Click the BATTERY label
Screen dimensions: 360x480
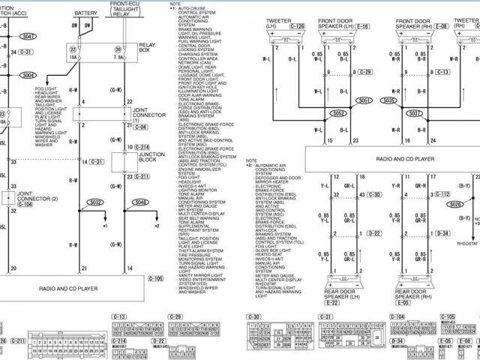pos(85,13)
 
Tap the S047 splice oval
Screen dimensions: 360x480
pos(28,36)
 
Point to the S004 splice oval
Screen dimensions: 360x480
pos(28,75)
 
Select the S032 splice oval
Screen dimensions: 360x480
pos(94,202)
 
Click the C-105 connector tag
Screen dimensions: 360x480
pos(155,279)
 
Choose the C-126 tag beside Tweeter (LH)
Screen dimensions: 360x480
pos(297,26)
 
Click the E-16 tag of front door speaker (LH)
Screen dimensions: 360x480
pos(362,26)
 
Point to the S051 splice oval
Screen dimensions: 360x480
pos(364,100)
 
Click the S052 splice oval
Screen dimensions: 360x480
pos(339,113)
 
